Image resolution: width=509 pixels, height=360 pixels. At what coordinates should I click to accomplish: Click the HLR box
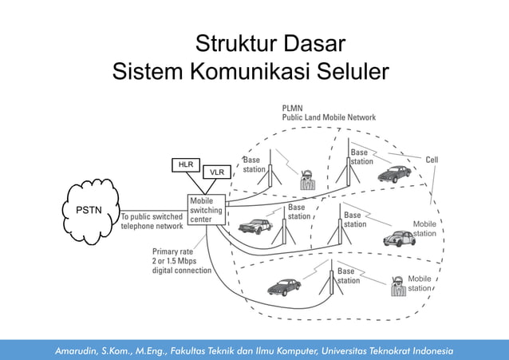coord(186,164)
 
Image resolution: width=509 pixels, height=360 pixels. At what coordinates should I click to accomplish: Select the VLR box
coord(215,172)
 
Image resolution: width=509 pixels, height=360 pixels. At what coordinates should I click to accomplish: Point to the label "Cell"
coord(432,160)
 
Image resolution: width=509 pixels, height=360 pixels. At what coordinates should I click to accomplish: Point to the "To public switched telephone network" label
coord(152,221)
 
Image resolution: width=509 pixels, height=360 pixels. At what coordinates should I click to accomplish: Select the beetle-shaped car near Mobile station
coord(398,238)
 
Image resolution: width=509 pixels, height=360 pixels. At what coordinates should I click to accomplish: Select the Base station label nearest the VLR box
coord(254,164)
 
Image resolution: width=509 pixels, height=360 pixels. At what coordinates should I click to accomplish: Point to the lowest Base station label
coord(348,276)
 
